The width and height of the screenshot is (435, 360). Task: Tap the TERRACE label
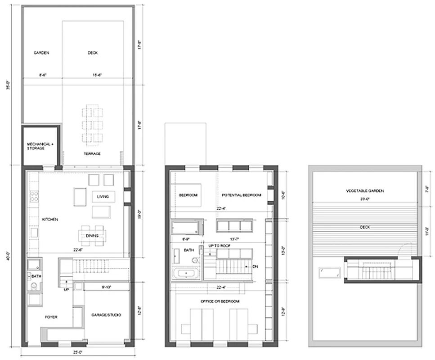click(92, 154)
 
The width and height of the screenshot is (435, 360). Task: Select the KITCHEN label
click(49, 219)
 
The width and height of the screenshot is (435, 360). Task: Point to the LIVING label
click(103, 197)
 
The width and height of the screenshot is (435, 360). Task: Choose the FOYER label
click(51, 317)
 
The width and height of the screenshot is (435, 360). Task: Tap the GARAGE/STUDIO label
click(107, 315)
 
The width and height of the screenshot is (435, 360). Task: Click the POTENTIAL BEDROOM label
click(242, 195)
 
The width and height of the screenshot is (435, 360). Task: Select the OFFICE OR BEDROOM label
click(220, 301)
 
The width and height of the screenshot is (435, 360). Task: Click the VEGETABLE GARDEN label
click(364, 191)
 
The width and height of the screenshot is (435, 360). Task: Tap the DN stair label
click(256, 266)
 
